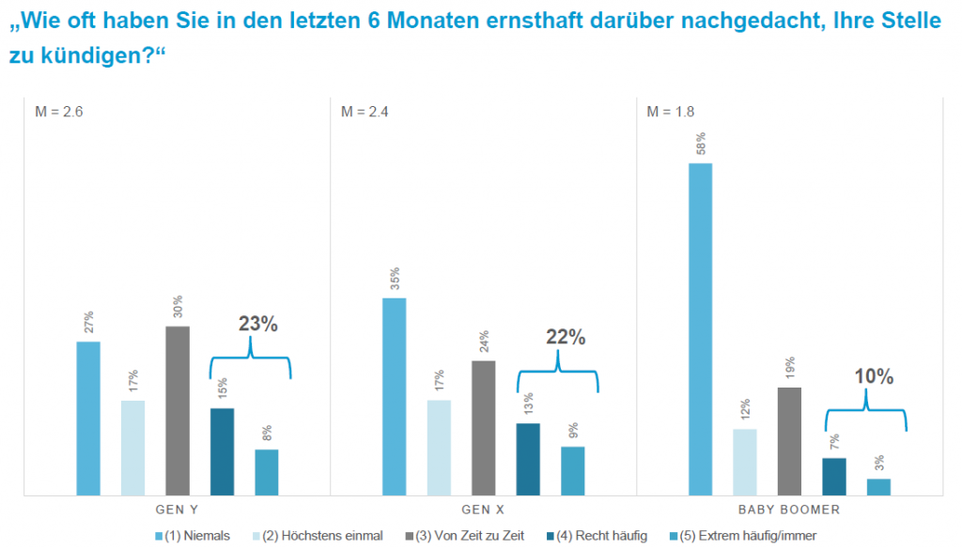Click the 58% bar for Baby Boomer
tap(700, 328)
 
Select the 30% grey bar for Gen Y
tap(178, 409)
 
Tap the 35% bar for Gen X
tap(395, 396)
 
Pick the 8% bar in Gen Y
tap(267, 471)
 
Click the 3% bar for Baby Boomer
tap(878, 486)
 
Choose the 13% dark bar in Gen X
tap(529, 458)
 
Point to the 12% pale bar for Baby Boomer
tap(745, 461)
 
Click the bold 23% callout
tap(257, 325)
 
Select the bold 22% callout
tap(566, 337)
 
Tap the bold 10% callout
tap(874, 377)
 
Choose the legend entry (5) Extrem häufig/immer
tap(742, 536)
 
